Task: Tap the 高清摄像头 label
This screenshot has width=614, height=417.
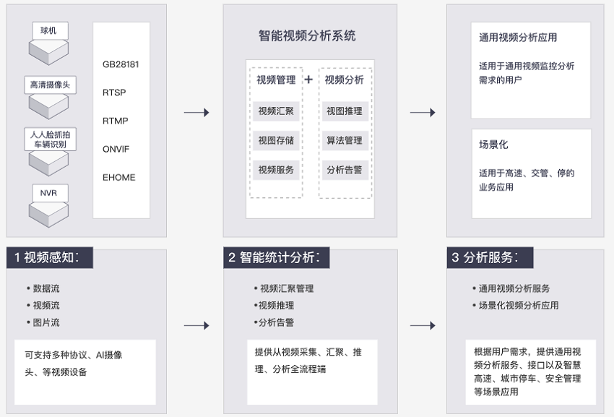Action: coord(50,85)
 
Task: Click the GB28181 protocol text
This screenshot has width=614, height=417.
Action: coord(121,64)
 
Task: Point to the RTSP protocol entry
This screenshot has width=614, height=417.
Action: coord(114,93)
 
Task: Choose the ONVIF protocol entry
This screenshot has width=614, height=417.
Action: coord(116,149)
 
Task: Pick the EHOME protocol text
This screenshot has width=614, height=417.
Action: coord(119,177)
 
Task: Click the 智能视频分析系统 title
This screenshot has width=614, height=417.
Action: coord(307,35)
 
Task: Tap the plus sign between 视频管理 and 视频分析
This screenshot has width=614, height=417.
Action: coord(308,79)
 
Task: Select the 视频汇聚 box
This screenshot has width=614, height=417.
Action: coord(276,111)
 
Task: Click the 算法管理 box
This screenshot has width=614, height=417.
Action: coord(345,140)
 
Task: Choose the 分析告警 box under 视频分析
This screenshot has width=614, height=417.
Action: coord(345,170)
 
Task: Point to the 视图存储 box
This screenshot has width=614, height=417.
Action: coord(276,140)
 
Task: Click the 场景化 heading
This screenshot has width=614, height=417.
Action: coord(493,145)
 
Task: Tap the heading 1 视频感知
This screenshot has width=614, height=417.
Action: coord(50,257)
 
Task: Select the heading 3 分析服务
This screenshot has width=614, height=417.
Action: coord(490,257)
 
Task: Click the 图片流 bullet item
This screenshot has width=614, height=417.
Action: coord(43,322)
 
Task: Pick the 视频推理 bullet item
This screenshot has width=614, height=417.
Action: coord(274,305)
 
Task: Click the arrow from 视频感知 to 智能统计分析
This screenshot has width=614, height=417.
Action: coord(196,325)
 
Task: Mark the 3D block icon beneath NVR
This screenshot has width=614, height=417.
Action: coord(48,215)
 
